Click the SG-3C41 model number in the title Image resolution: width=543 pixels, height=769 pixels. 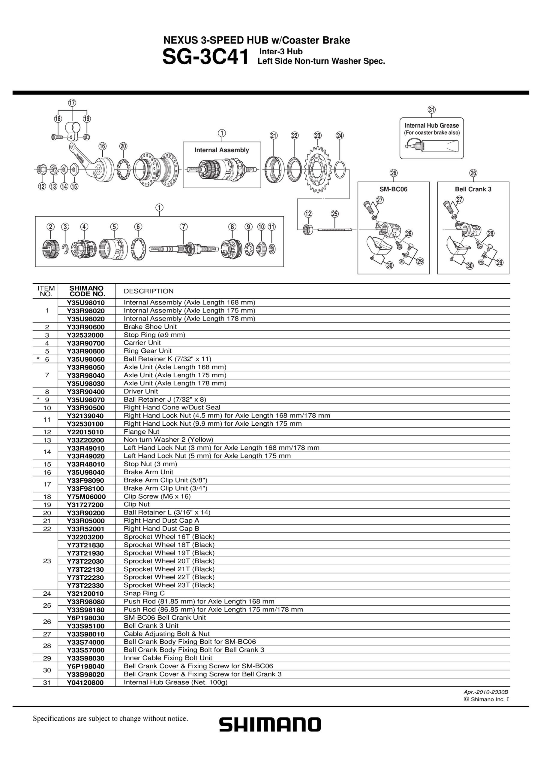click(x=205, y=57)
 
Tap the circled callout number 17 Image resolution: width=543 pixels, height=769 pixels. click(x=72, y=103)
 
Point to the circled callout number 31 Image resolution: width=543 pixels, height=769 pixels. click(x=432, y=110)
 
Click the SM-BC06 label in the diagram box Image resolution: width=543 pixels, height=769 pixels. click(x=393, y=189)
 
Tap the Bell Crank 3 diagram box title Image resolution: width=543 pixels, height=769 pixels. click(x=473, y=189)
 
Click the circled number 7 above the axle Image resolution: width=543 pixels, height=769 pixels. click(x=183, y=227)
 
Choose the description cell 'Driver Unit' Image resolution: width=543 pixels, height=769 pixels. click(x=141, y=391)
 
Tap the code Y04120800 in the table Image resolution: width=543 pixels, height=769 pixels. click(x=85, y=682)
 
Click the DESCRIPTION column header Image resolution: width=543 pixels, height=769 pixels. click(x=149, y=291)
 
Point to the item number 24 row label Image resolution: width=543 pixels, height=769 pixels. click(x=47, y=594)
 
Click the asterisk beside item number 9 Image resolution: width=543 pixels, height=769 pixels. click(x=38, y=399)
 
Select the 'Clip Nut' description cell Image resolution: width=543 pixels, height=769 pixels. click(x=136, y=504)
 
